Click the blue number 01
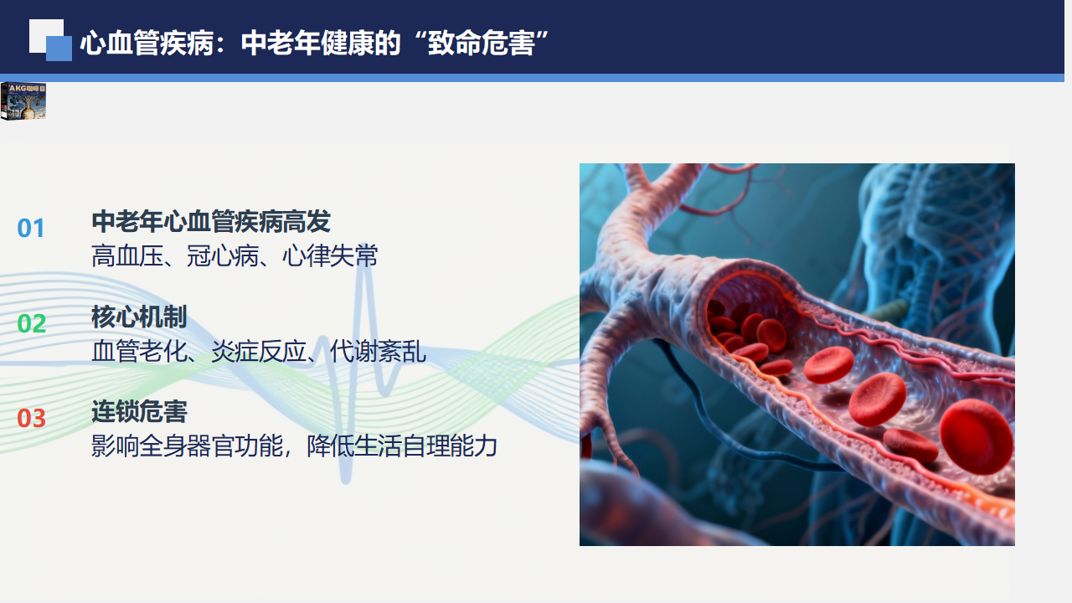(x=31, y=229)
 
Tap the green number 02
(x=32, y=323)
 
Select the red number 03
(x=32, y=418)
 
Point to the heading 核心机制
(x=139, y=317)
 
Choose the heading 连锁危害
(x=139, y=411)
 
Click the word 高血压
(x=127, y=255)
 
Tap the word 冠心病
(x=223, y=255)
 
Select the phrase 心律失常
(x=330, y=255)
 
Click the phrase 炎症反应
(x=259, y=351)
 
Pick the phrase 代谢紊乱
(x=378, y=351)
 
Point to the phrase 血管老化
(x=139, y=351)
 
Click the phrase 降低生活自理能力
(x=402, y=446)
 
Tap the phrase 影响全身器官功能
(x=187, y=446)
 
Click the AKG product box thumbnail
(x=23, y=101)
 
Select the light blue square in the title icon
(x=59, y=49)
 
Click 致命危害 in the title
(x=481, y=43)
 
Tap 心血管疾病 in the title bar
(x=147, y=43)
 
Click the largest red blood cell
(x=977, y=436)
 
